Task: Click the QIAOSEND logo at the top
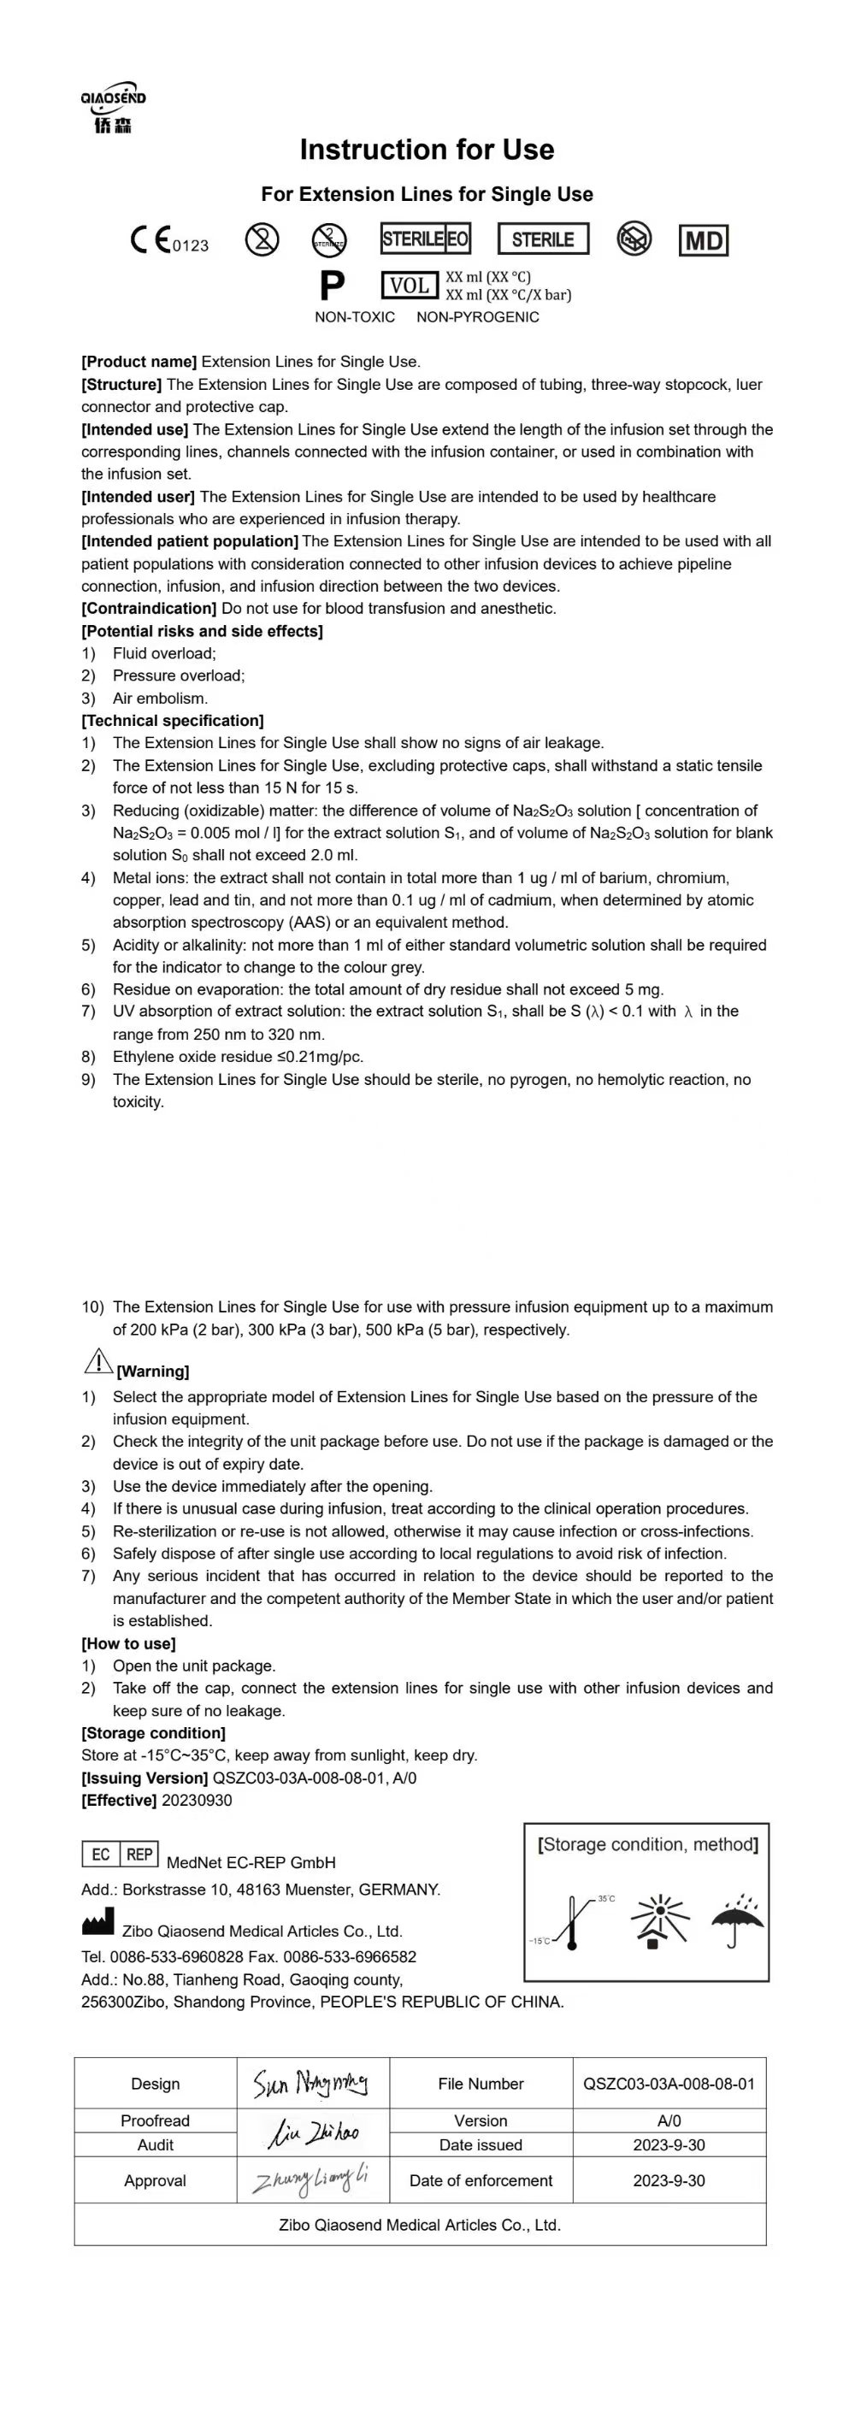click(113, 107)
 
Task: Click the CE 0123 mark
click(168, 241)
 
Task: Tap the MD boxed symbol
click(703, 241)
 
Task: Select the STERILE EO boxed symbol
click(425, 239)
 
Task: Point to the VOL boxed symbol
click(410, 285)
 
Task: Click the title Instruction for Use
click(426, 150)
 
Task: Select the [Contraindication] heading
click(149, 609)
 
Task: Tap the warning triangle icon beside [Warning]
click(97, 1360)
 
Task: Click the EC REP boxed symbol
click(120, 1855)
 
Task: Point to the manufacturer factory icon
click(97, 1921)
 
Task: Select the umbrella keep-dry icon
click(736, 1920)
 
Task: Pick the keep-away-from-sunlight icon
click(658, 1920)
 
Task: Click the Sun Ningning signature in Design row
click(310, 2084)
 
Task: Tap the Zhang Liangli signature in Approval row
click(310, 2180)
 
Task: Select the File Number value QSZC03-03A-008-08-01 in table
click(669, 2085)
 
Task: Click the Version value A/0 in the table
click(669, 2121)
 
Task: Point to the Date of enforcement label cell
click(481, 2181)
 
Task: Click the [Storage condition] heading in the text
click(153, 1733)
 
